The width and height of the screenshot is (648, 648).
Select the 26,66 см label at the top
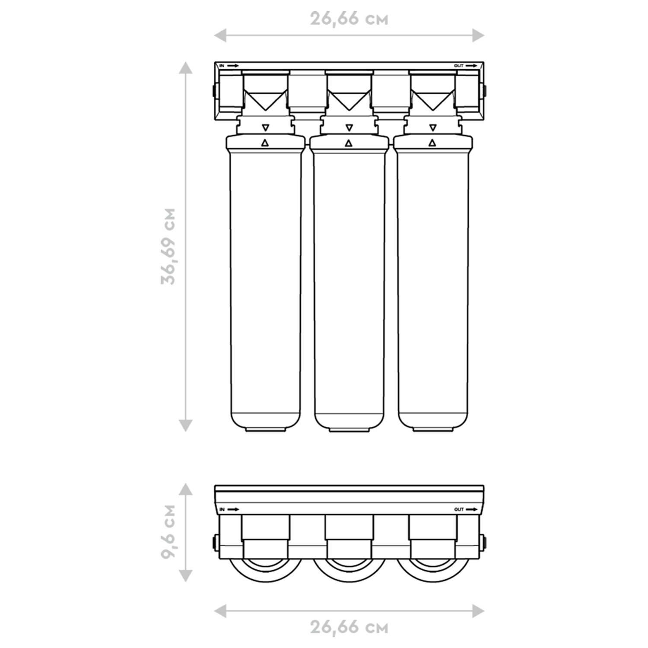349,19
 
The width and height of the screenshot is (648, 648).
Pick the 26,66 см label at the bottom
349,627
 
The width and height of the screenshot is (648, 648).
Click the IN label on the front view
222,66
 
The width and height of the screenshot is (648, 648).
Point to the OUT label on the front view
459,66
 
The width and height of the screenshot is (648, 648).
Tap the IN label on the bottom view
222,510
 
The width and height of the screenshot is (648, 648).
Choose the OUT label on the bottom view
459,510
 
